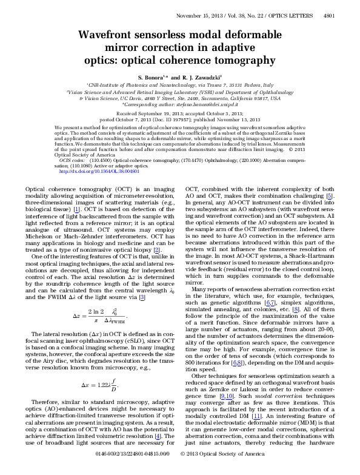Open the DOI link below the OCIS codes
pos(99,172)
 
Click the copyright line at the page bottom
pos(222,470)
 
